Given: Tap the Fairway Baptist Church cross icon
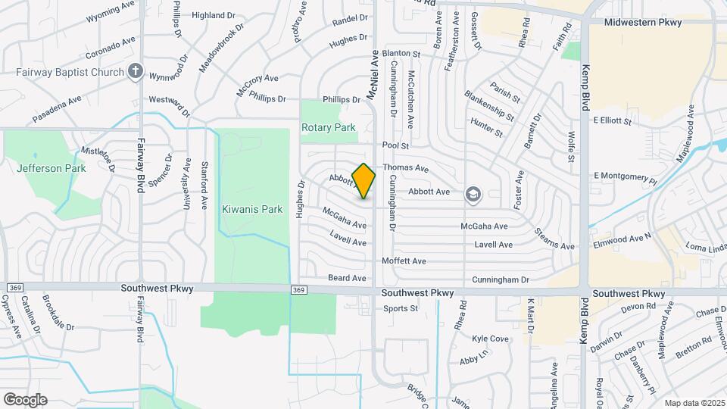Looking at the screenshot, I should click(x=136, y=72).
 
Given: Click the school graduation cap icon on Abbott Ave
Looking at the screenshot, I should click(x=473, y=195).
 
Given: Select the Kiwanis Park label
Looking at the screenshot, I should click(x=251, y=209).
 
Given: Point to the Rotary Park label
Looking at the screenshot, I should click(x=329, y=128).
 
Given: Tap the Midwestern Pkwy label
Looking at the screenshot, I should click(x=642, y=23).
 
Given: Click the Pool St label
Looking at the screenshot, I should click(x=395, y=145).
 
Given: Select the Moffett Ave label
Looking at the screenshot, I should click(x=404, y=261).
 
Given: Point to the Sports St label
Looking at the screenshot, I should click(x=401, y=308).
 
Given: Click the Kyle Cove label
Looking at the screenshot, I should click(x=490, y=339).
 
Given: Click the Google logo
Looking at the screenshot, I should click(x=25, y=399).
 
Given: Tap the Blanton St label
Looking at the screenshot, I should click(x=401, y=54).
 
